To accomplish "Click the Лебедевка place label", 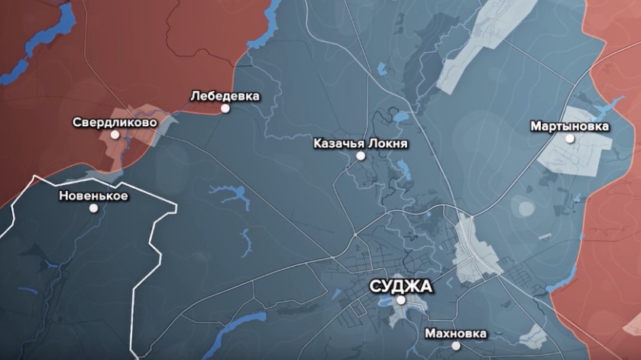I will click(225, 96).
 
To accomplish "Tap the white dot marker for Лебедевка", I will click(225, 109).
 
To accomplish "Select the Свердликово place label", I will click(115, 122).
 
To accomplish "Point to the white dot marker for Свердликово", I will click(115, 135).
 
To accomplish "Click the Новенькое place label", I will click(93, 196).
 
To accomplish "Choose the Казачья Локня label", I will click(361, 143).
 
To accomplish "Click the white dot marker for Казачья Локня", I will click(361, 156).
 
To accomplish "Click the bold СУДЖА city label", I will click(400, 287).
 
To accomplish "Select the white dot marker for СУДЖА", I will click(401, 300).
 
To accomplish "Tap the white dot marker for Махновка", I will click(457, 346).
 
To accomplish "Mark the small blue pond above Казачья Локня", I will click(400, 117).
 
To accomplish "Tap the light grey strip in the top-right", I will click(474, 54).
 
